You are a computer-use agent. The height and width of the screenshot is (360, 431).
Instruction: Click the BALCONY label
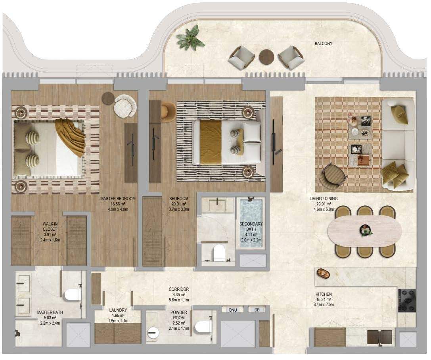[x=323, y=44]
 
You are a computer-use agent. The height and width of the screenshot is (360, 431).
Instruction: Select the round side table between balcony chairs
[x=266, y=57]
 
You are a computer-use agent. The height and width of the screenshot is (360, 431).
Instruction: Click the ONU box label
[x=232, y=310]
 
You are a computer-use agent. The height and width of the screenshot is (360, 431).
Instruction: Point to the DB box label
[x=257, y=310]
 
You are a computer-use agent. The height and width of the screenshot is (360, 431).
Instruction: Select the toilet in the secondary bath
[x=219, y=253]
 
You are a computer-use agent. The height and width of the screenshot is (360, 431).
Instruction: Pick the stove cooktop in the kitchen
[x=406, y=301]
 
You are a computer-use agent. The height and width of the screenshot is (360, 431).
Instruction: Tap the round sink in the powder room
[x=153, y=333]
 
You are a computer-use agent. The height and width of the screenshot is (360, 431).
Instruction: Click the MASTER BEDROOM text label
[x=118, y=198]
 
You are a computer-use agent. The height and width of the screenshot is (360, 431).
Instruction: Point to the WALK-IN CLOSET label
[x=50, y=226]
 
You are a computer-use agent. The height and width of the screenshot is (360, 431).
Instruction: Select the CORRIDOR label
[x=179, y=289]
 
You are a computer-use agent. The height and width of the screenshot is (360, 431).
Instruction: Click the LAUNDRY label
[x=118, y=310]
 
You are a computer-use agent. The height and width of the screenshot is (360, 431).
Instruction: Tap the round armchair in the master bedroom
[x=125, y=106]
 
